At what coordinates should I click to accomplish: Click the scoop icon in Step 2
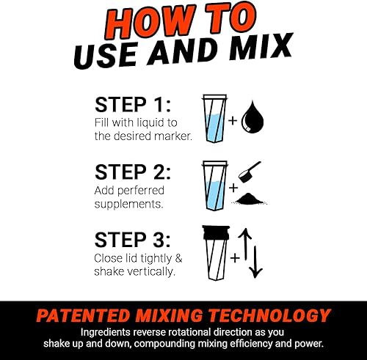coord(253,171)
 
